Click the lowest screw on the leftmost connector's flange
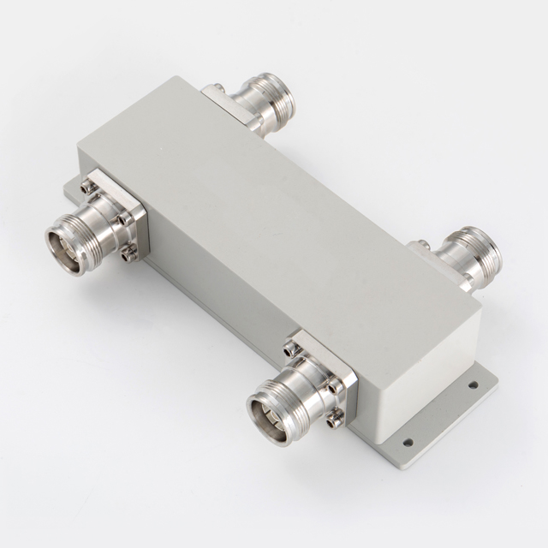pyautogui.click(x=128, y=252)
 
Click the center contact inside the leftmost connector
pyautogui.click(x=68, y=247)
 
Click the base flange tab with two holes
pyautogui.click(x=445, y=412)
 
